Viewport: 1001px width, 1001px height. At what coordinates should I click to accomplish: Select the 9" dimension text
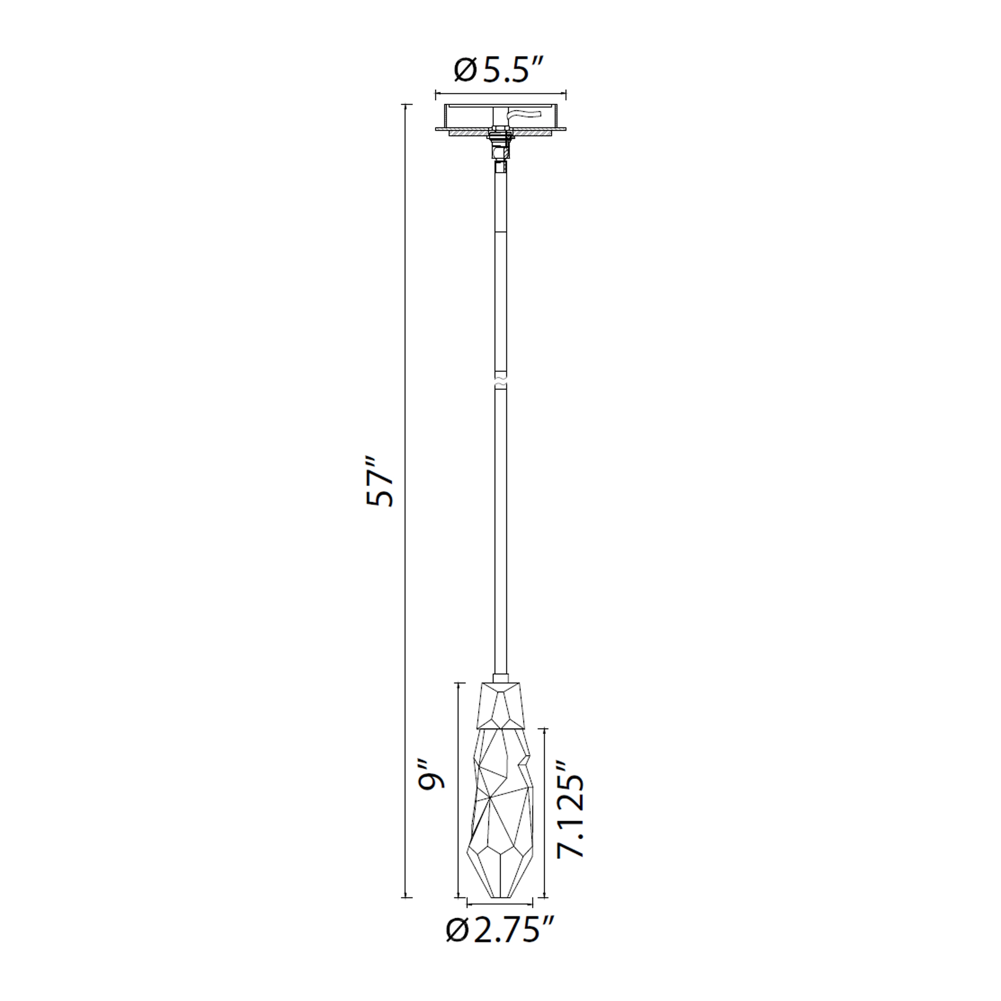pos(432,775)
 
